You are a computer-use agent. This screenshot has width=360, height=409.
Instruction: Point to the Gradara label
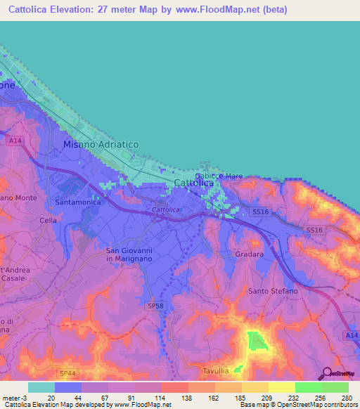tap(250, 254)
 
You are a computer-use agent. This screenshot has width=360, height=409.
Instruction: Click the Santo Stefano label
tap(273, 290)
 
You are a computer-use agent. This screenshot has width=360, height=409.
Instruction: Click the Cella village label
tap(48, 220)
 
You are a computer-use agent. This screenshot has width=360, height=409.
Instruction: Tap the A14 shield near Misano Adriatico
tap(15, 141)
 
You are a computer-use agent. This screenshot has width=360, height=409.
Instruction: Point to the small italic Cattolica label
tap(166, 210)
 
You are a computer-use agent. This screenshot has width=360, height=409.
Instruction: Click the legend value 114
tap(161, 397)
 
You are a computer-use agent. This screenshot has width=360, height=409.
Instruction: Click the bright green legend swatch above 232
tap(308, 387)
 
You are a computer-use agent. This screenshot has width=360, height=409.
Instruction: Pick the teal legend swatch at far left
tap(41, 387)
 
